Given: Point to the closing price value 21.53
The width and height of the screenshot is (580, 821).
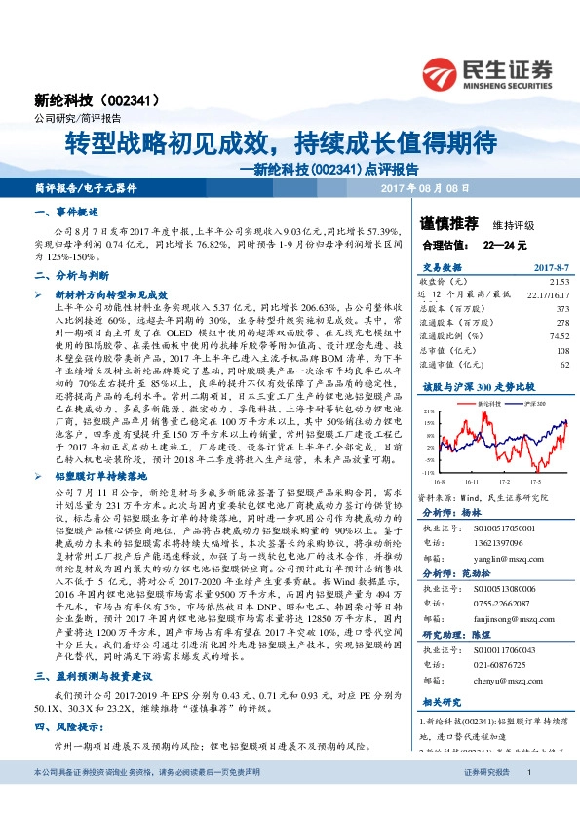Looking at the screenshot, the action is coord(556,280).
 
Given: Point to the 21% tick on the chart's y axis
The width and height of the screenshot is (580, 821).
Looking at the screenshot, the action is coord(428,412).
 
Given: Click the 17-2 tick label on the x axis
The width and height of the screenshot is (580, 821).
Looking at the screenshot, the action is coord(505,480).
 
